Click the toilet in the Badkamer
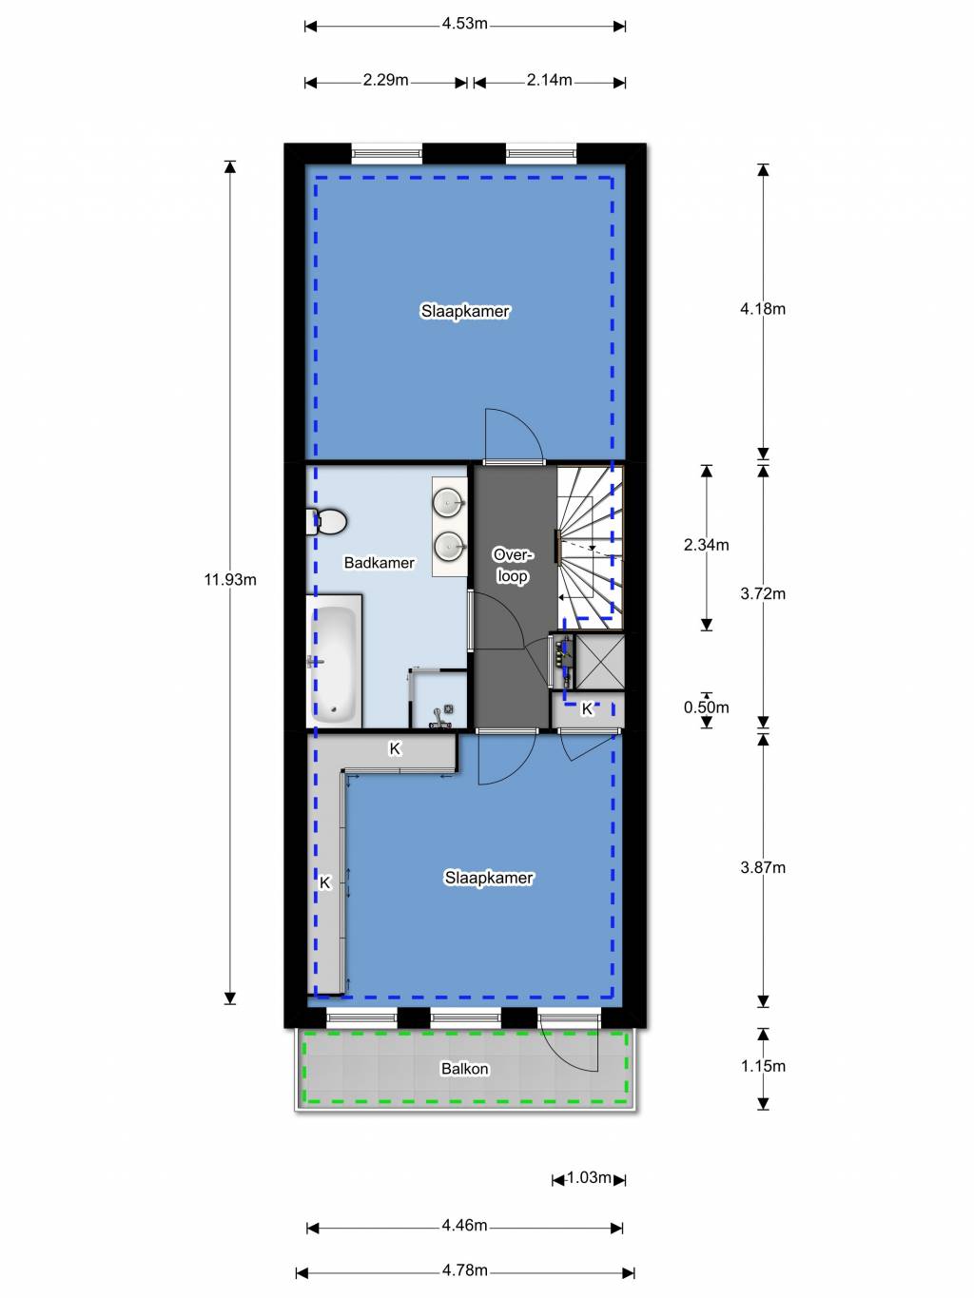pos(326,522)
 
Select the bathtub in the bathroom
pos(334,661)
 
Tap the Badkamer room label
pos(380,562)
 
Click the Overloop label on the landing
pos(513,566)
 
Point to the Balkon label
pos(465,1069)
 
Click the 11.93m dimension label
pos(230,579)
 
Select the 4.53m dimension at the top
pos(465,24)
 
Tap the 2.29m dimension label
pos(385,81)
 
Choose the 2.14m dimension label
pos(550,81)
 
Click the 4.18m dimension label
pos(763,309)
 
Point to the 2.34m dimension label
pos(706,545)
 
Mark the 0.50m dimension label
pos(706,707)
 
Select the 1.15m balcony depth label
pos(763,1066)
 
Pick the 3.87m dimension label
pos(763,867)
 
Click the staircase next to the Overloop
pos(590,548)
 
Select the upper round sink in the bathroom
pos(449,503)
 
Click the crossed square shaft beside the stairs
pos(599,661)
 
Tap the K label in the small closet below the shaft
pos(587,708)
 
